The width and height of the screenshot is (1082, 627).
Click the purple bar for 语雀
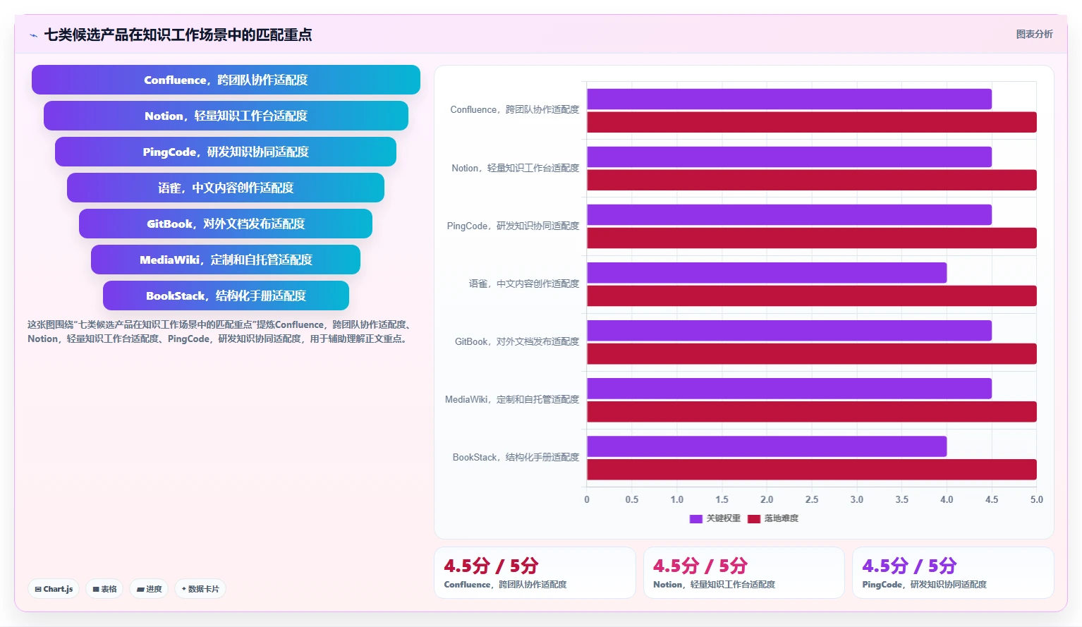[767, 273]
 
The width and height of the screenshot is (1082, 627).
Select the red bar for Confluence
[811, 122]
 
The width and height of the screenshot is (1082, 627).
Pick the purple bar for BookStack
[767, 446]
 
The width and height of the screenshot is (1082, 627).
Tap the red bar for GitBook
[811, 353]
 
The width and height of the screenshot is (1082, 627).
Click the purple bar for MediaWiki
[789, 389]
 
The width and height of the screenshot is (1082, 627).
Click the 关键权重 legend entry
[715, 518]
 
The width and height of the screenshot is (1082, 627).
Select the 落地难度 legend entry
[773, 518]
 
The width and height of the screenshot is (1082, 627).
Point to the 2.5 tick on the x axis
[812, 499]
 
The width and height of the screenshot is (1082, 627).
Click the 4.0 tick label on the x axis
[947, 499]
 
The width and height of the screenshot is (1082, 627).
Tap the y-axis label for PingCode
[513, 226]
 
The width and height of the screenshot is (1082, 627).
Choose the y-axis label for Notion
[516, 168]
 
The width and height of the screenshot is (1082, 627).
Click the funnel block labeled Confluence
[226, 80]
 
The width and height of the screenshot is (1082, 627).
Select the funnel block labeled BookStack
[226, 296]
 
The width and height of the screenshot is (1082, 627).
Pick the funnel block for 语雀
[226, 188]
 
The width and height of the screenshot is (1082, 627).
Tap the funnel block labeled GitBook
[226, 224]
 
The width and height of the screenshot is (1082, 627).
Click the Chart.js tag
[54, 589]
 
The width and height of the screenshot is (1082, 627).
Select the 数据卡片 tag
[200, 589]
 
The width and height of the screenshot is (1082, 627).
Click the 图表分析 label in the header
[1034, 35]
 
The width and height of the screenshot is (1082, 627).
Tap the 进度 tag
[149, 589]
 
